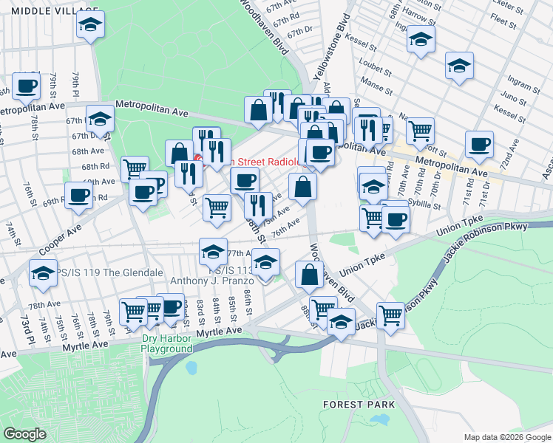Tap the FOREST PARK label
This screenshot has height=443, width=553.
(x=358, y=405)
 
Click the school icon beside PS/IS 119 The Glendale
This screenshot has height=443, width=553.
(x=44, y=273)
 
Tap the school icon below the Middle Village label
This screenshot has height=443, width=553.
(x=90, y=27)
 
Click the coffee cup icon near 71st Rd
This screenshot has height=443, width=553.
(x=479, y=143)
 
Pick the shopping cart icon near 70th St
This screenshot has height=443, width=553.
(x=420, y=131)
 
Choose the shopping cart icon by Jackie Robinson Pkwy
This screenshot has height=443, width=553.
(x=390, y=315)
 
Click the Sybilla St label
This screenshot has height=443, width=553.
(x=419, y=206)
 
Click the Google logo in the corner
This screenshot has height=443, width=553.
(x=24, y=434)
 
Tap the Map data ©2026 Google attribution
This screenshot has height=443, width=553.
(x=507, y=437)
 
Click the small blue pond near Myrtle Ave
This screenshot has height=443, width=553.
(x=192, y=367)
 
